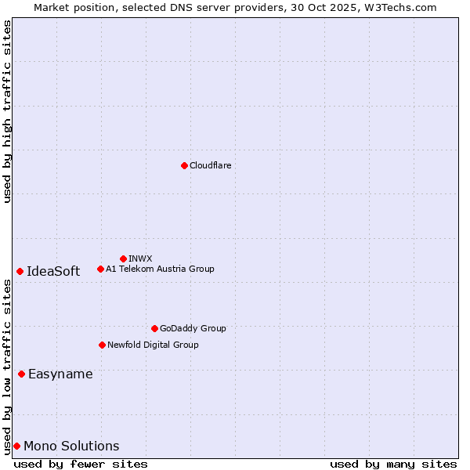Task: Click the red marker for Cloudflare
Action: pyautogui.click(x=184, y=165)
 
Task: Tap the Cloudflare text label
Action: pyautogui.click(x=210, y=165)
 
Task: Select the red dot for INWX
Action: pyautogui.click(x=123, y=258)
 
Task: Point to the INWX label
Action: pyautogui.click(x=140, y=258)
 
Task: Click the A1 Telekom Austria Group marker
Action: pyautogui.click(x=100, y=269)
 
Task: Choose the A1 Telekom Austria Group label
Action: pyautogui.click(x=160, y=269)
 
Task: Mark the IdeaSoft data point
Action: pyautogui.click(x=20, y=271)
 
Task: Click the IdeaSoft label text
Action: pyautogui.click(x=53, y=271)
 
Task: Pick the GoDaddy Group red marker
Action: pyautogui.click(x=154, y=328)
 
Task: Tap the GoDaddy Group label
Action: pyautogui.click(x=193, y=328)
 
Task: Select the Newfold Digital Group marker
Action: pyautogui.click(x=102, y=345)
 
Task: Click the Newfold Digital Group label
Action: pyautogui.click(x=153, y=345)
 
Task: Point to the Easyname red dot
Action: pyautogui.click(x=21, y=374)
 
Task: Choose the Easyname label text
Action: pyautogui.click(x=60, y=374)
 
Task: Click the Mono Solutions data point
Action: pyautogui.click(x=16, y=446)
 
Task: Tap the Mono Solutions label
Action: pyautogui.click(x=71, y=446)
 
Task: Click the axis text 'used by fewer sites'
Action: pyautogui.click(x=81, y=464)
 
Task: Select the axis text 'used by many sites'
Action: pyautogui.click(x=393, y=464)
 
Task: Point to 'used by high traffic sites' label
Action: pyautogui.click(x=7, y=111)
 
